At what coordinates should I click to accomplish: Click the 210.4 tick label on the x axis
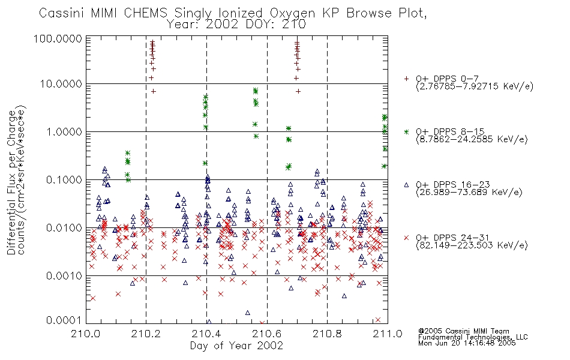point(206,334)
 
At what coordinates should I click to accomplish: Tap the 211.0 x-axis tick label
point(388,334)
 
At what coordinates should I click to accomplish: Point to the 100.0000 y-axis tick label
point(58,39)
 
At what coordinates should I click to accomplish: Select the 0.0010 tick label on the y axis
point(64,276)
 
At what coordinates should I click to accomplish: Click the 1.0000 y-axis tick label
point(64,132)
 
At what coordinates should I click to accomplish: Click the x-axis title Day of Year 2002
point(236,346)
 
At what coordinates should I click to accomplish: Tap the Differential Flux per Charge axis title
point(11,182)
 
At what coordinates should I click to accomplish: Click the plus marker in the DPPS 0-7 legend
point(406,79)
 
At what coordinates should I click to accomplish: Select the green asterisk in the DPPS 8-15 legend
point(406,131)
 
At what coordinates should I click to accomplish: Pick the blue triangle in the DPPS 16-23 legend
point(406,185)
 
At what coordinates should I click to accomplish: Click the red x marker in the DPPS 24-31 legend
point(406,238)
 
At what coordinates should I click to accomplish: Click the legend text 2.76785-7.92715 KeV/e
point(475,86)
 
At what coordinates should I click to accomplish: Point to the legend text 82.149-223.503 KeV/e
point(472,245)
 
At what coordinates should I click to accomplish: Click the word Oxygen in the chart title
point(293,13)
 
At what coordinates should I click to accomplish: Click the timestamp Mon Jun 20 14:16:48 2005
point(467,343)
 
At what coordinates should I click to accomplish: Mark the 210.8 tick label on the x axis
point(327,334)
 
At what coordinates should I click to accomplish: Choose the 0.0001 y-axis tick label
point(64,320)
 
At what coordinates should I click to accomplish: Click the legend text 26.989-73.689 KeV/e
point(469,193)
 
